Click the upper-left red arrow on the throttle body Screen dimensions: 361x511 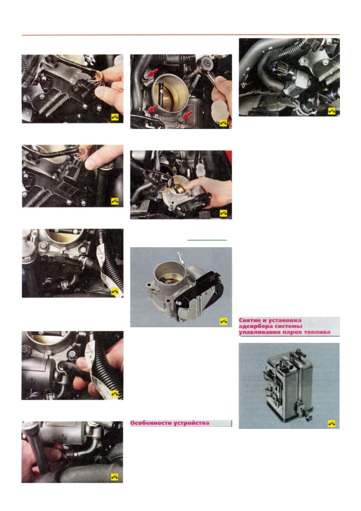[x=152, y=73]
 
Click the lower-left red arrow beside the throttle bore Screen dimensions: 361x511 [x=153, y=108]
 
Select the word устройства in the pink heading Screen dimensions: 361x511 [x=191, y=423]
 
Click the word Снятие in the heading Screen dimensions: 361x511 [x=250, y=320]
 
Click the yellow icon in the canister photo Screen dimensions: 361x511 [x=332, y=424]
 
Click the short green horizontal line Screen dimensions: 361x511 [x=207, y=240]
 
